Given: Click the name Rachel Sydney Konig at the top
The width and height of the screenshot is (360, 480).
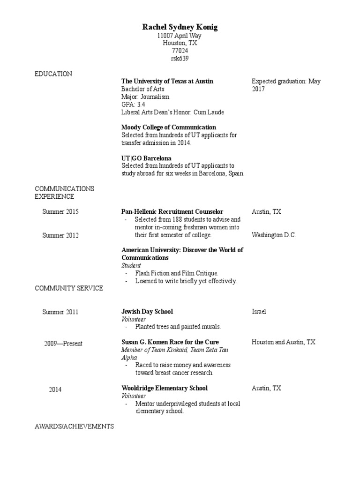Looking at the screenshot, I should coord(180,28).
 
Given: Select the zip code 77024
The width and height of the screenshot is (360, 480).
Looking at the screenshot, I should coord(180,51).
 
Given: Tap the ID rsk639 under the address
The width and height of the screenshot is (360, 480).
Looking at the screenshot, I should coord(180,59).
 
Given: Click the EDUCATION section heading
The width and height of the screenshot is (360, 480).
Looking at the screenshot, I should coord(53,74).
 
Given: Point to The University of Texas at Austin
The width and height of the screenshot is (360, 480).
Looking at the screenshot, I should coord(167,81).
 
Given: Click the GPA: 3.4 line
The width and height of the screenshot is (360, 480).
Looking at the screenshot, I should coord(133,104).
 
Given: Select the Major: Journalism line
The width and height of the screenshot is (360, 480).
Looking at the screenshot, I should coord(145,97).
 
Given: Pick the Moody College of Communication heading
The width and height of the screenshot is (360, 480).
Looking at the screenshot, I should coord(168,127).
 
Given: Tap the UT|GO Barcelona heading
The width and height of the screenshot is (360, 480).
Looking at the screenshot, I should coord(146,158).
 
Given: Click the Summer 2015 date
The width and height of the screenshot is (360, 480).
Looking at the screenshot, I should coord(60,212).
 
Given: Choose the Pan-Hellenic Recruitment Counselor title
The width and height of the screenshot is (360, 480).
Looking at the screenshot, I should coord(172,212).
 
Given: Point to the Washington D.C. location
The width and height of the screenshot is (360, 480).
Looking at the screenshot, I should coord(274,235).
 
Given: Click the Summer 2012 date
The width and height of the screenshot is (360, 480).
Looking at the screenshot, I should coord(60,235).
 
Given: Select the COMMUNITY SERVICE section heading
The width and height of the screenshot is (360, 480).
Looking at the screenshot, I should coord(69,288).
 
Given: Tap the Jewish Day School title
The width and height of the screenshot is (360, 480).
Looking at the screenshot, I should coord(147,311).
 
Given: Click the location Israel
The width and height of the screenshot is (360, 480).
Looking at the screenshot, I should coord(259,311).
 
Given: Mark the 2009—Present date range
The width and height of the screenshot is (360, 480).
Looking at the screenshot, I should coord(63,344).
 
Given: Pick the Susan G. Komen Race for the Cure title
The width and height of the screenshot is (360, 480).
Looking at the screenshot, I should coord(170,342).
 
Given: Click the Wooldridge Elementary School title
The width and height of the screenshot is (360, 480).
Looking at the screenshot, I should coord(164,388).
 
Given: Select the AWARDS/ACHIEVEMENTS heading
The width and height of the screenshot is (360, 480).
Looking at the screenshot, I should coord(74,427).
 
